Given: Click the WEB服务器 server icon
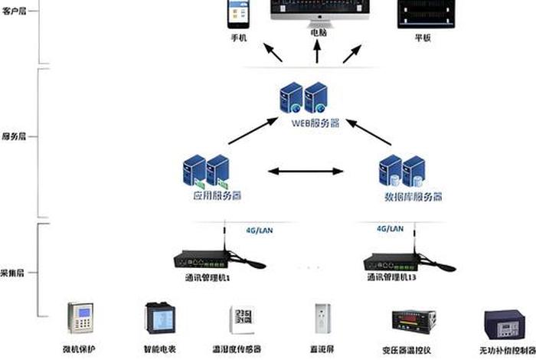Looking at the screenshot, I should click(305, 99).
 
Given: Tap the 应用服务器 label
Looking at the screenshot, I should click(207, 196).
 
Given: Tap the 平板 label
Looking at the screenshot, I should click(423, 37).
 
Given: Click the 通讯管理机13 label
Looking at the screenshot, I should click(394, 277).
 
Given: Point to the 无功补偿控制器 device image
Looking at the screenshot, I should click(502, 326).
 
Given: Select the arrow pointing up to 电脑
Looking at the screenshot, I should click(317, 52).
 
